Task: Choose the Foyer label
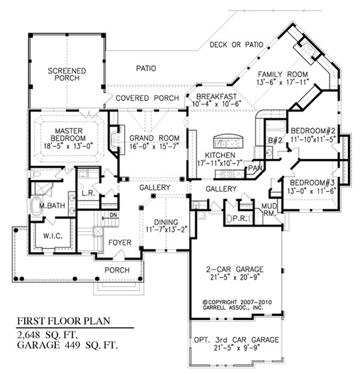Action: pyautogui.click(x=119, y=243)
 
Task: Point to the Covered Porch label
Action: pyautogui.click(x=147, y=98)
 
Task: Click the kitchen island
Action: pyautogui.click(x=229, y=142)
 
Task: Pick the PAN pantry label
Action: pyautogui.click(x=257, y=167)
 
